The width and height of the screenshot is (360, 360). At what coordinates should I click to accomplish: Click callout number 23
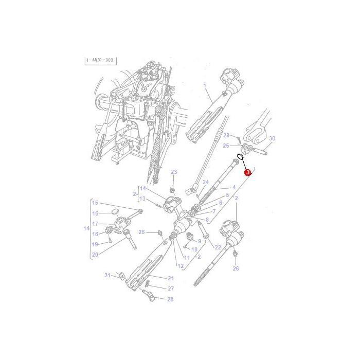174,172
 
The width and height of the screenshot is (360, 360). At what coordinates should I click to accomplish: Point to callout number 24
205,182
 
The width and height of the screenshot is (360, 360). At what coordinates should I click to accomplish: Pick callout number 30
272,138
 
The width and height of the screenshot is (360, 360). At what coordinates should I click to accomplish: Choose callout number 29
226,135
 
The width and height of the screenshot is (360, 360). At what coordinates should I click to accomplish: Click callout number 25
225,146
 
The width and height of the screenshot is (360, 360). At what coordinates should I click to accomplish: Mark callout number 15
95,203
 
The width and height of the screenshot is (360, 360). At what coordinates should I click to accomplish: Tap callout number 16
95,213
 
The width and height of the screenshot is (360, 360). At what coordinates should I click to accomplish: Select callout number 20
95,254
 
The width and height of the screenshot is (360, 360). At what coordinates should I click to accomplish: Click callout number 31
107,275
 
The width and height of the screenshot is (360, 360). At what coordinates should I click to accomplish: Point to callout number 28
170,299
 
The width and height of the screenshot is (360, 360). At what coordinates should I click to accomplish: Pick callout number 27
170,289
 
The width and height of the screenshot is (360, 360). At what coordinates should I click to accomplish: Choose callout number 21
170,278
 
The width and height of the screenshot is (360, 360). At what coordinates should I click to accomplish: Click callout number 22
218,247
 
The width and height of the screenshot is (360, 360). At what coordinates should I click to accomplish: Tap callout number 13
142,199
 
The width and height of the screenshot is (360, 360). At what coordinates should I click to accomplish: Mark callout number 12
181,265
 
